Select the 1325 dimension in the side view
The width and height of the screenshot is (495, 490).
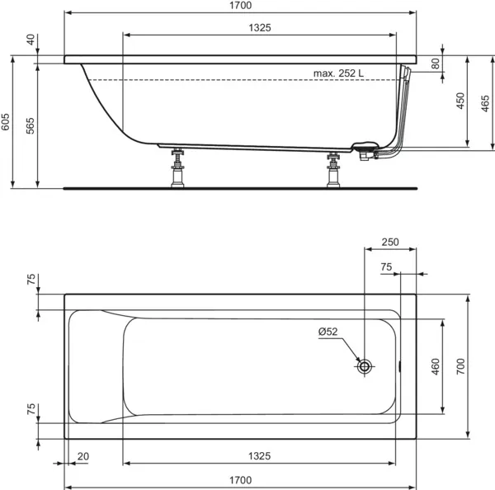pos(259,27)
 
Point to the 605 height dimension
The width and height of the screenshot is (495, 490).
pos(7,122)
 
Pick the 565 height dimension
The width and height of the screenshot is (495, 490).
pos(31,125)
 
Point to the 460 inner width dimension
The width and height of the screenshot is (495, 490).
pos(436,365)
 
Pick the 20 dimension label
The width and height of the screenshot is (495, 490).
pos(82,456)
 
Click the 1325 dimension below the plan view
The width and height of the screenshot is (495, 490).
pos(259,456)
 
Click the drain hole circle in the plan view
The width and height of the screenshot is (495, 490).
pos(365,365)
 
